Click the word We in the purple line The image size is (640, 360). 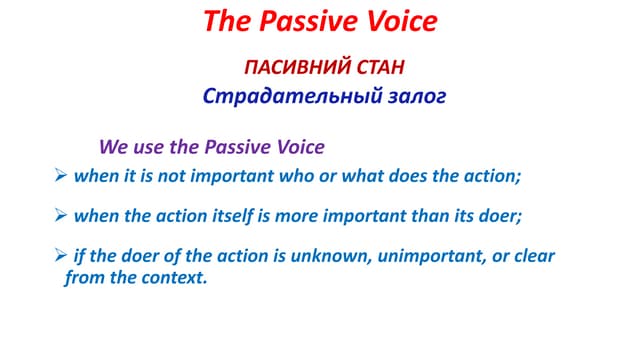pyautogui.click(x=113, y=147)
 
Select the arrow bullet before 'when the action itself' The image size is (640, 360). pyautogui.click(x=59, y=215)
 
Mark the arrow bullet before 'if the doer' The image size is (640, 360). pyautogui.click(x=59, y=256)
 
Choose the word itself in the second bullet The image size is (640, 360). pyautogui.click(x=232, y=215)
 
